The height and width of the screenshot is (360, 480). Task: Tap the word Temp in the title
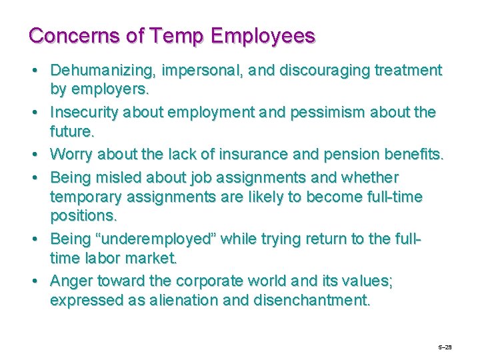coord(170,35)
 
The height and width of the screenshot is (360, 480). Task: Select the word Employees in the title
coord(261,35)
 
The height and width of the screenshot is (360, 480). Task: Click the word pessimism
coord(328,112)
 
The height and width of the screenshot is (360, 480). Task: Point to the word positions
coord(82,217)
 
